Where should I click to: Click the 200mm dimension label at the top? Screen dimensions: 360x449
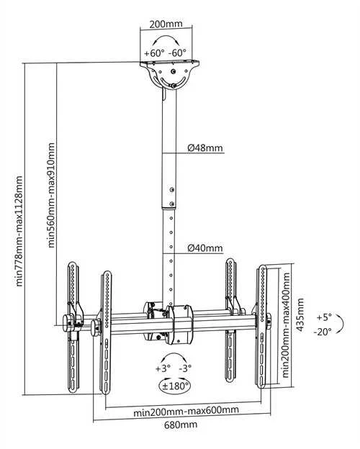point(166,24)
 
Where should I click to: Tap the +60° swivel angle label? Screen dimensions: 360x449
point(154,53)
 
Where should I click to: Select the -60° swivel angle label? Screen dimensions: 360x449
point(177,53)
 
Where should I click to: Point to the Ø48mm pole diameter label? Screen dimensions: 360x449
point(205,148)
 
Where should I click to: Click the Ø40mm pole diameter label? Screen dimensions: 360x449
point(205,248)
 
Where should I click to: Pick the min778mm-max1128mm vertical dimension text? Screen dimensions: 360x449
point(19,231)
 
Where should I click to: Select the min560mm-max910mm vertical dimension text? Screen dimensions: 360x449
point(51,195)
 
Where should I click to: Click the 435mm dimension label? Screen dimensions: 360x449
point(300,314)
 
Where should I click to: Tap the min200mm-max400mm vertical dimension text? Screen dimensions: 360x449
point(286,325)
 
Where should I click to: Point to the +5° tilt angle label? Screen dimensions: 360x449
point(324,317)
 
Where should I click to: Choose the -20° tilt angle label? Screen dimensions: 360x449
point(323,332)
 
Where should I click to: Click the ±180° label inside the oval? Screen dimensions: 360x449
point(174,386)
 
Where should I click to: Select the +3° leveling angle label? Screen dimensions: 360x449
point(163,368)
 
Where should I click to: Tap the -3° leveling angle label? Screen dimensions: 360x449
point(185,368)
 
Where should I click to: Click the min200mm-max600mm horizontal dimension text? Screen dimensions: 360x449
point(186,411)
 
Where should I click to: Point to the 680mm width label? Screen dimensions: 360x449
point(181,425)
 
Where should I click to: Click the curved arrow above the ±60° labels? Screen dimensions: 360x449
point(166,37)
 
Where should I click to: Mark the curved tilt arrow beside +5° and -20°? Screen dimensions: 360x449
point(342,324)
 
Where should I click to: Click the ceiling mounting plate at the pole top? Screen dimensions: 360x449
point(170,63)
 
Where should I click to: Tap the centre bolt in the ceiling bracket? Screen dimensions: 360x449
point(173,71)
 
